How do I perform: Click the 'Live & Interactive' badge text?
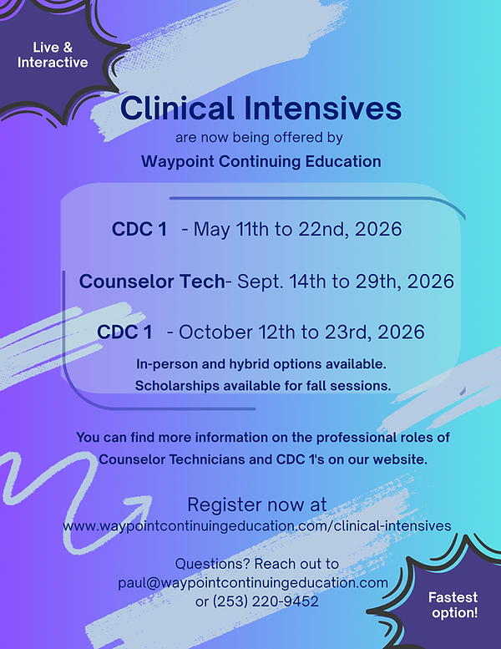53,53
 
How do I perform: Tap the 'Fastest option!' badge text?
453,606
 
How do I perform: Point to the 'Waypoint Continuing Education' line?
261,161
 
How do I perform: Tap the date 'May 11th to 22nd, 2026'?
298,230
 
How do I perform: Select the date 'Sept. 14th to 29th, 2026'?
346,281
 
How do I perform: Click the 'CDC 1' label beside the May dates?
139,230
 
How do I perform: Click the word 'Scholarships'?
174,385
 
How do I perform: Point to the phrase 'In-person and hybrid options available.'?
261,365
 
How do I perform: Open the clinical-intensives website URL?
256,525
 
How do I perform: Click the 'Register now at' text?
256,504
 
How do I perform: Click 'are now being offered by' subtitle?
260,136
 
